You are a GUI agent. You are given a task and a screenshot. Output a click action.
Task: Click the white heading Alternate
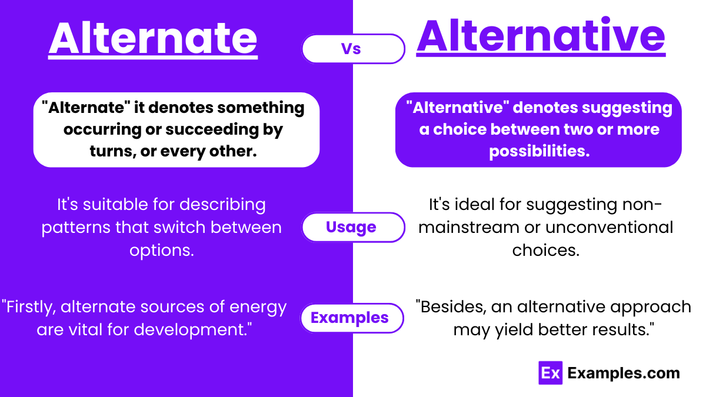[x=153, y=38]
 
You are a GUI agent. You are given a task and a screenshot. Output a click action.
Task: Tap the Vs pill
[x=353, y=49]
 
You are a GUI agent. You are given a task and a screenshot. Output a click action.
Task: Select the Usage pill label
[x=351, y=227]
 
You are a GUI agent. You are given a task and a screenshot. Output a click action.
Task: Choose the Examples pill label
[x=349, y=318]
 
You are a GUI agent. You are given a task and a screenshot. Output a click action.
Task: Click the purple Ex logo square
[x=551, y=373]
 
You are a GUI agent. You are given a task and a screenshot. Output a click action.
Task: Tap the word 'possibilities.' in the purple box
[x=538, y=151]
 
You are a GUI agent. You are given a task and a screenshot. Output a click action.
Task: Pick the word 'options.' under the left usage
[x=161, y=250]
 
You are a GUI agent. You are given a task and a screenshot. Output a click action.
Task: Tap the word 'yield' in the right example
[x=521, y=329]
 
